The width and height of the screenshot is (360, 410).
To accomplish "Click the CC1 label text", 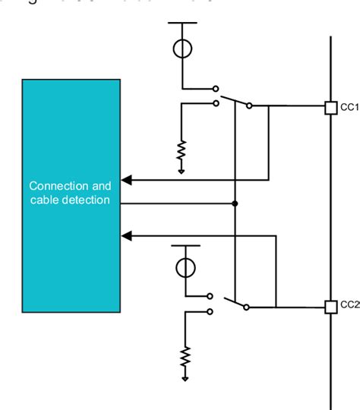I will pos(349,107).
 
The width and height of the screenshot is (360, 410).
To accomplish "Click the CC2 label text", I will pos(349,305).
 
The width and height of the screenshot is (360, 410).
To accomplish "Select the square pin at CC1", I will pos(330,107).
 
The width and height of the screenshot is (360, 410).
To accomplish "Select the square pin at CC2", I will pos(330,307).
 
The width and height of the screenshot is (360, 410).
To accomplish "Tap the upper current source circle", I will pos(182,48).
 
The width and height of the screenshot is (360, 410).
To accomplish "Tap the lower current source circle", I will pos(185,267).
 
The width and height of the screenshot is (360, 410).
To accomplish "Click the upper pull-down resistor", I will pos(182,152).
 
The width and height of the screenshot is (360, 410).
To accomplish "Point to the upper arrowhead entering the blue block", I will pos(128,180).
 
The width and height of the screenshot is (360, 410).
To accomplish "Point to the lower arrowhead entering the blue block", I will pos(128,236).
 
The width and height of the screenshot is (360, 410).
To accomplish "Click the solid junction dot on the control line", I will pos(235,203).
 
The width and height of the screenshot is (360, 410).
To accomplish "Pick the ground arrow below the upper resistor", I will pos(182,171).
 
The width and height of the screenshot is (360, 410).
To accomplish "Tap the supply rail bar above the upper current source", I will pos(182,24).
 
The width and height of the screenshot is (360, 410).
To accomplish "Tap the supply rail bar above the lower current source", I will pos(185,245).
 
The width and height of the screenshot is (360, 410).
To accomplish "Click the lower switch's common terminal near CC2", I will pos(251,307).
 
